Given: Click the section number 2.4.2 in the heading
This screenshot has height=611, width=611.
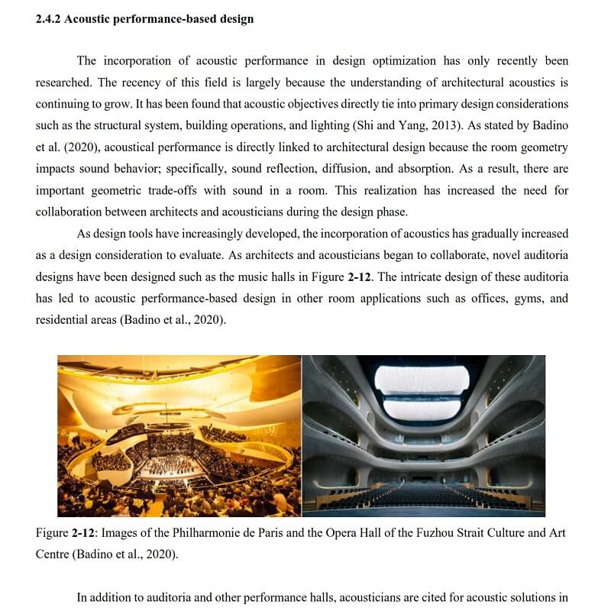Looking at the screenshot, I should click(48, 19).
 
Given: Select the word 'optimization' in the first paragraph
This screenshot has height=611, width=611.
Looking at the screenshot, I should click(402, 61).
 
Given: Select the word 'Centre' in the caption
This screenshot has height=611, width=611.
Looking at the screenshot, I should click(52, 554).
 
